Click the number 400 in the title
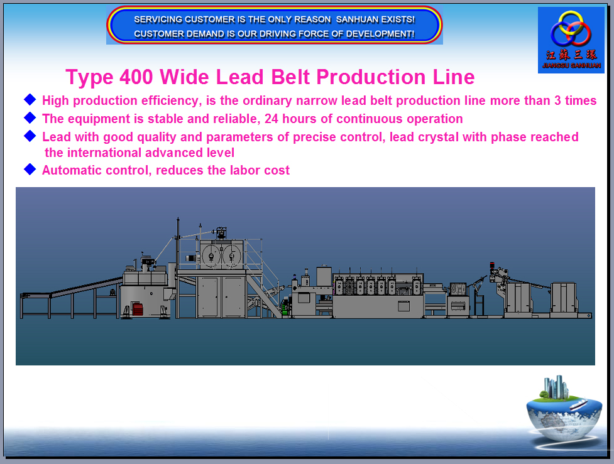pyautogui.click(x=136, y=77)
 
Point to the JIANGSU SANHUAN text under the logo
pyautogui.click(x=571, y=65)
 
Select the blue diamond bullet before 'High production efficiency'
pyautogui.click(x=30, y=99)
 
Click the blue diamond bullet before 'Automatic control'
pyautogui.click(x=30, y=169)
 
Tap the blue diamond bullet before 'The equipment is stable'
pyautogui.click(x=30, y=117)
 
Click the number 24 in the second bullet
pyautogui.click(x=271, y=119)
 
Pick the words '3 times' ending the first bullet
pyautogui.click(x=575, y=100)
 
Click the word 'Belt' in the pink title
pyautogui.click(x=290, y=77)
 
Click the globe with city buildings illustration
pyautogui.click(x=564, y=409)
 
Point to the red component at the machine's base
pyautogui.click(x=138, y=309)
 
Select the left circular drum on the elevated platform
pyautogui.click(x=211, y=257)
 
